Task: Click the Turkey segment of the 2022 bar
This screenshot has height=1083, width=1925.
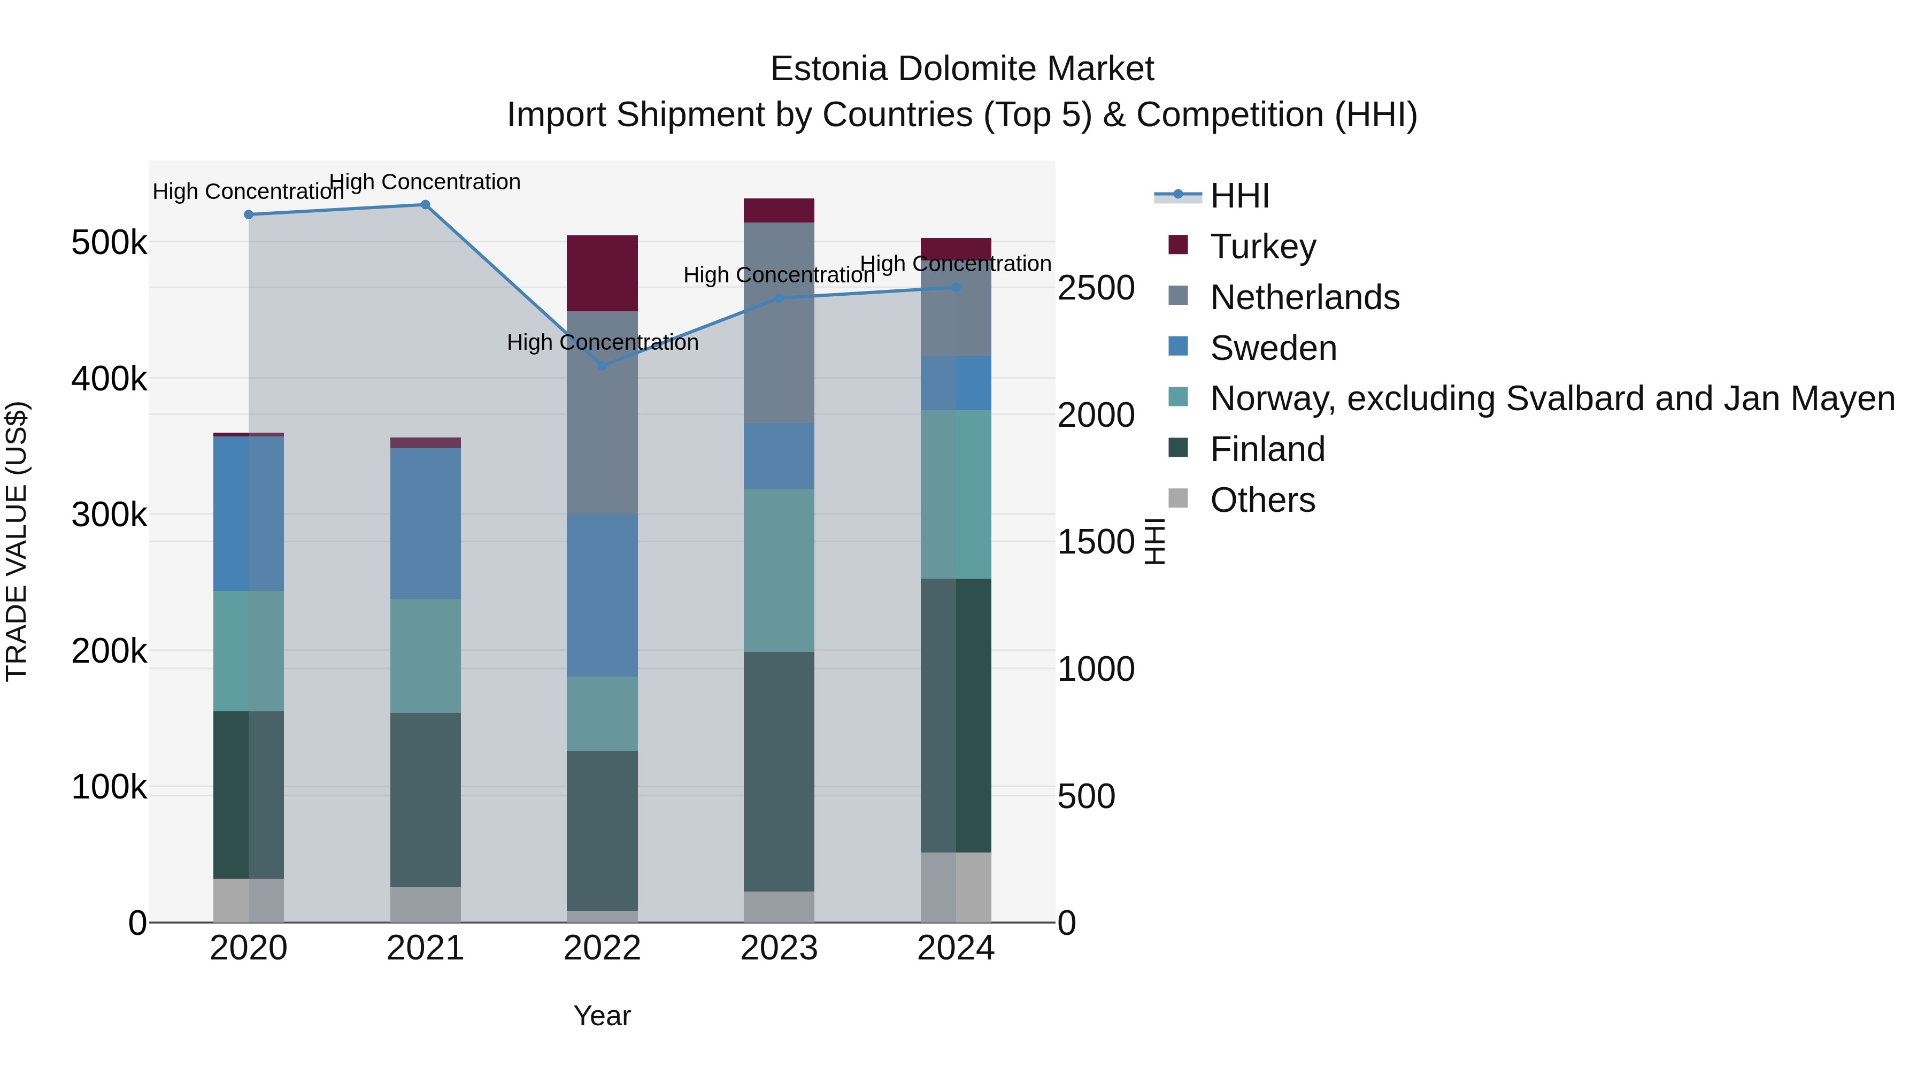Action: [602, 273]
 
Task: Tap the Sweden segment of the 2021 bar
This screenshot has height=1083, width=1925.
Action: [425, 523]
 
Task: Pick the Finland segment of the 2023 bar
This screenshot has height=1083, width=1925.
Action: [779, 771]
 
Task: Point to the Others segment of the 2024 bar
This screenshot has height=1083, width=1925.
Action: [956, 887]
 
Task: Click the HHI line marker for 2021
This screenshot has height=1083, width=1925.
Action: [425, 205]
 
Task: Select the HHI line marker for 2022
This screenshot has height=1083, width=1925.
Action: [602, 365]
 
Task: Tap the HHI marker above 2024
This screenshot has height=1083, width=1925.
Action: [956, 287]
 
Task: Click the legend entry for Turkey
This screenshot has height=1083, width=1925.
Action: [1263, 247]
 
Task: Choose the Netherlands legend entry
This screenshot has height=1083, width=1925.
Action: [1304, 297]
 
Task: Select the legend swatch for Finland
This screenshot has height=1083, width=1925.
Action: [1177, 449]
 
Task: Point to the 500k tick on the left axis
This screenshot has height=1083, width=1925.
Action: [109, 243]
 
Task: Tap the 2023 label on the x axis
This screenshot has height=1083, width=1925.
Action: [779, 948]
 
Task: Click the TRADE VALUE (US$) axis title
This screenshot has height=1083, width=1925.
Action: [17, 541]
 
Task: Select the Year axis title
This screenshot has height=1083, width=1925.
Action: [602, 1016]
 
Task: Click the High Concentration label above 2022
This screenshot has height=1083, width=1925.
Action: [602, 342]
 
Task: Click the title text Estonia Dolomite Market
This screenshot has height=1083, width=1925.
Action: [962, 69]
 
